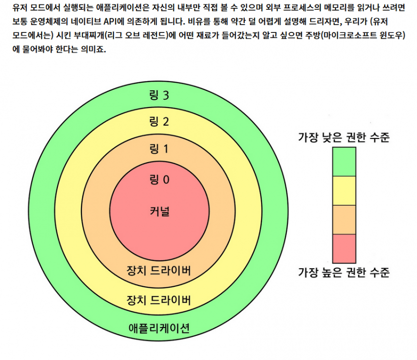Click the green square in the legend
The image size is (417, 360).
click(x=344, y=162)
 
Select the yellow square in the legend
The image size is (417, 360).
click(x=344, y=191)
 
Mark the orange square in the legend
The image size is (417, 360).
click(x=344, y=220)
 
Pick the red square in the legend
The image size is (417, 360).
click(x=344, y=248)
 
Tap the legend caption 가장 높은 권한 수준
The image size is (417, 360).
click(x=344, y=273)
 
